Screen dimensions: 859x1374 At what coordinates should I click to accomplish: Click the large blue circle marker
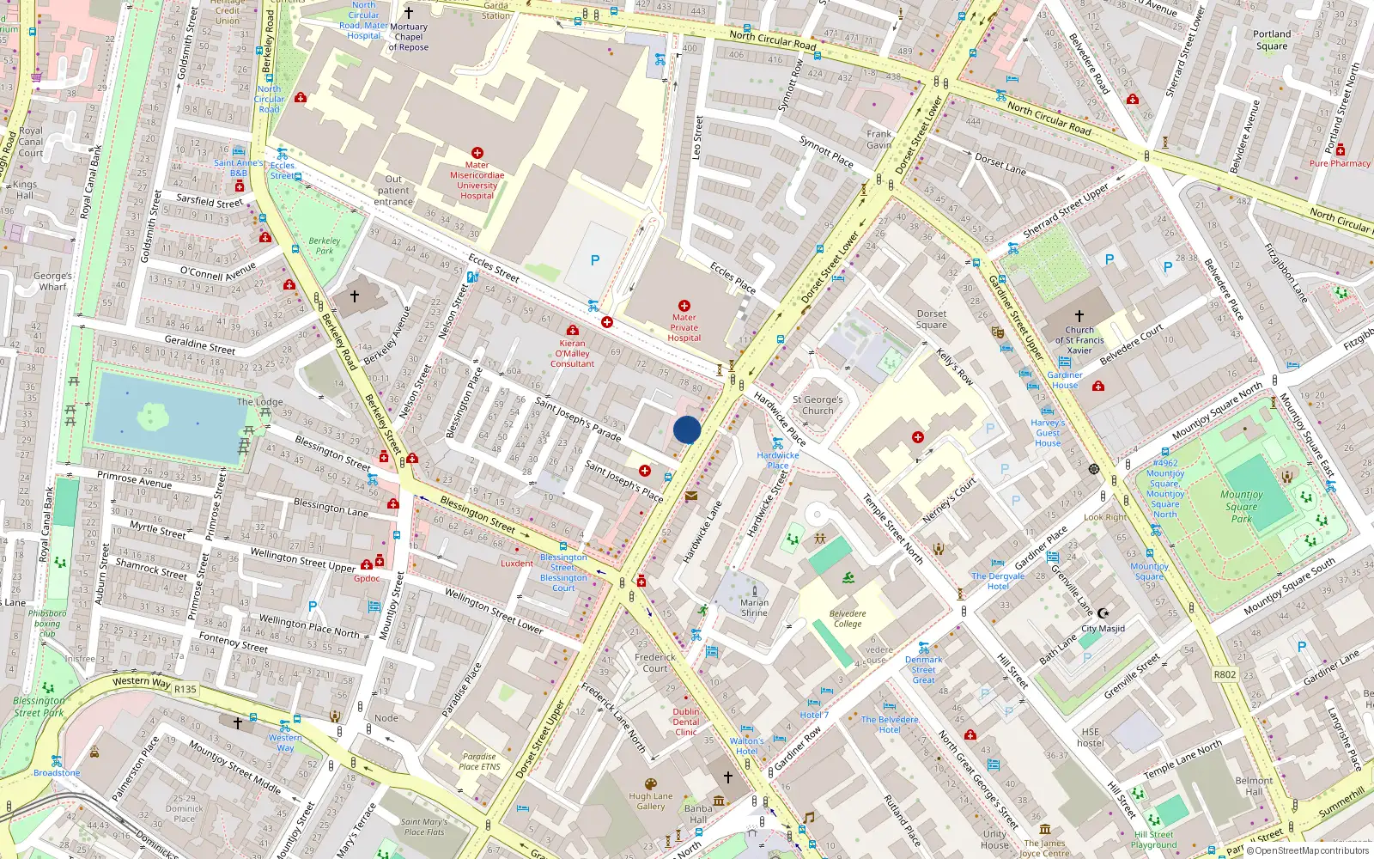[687, 429]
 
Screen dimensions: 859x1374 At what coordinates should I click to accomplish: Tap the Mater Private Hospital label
[684, 327]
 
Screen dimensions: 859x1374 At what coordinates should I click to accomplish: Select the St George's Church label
[818, 405]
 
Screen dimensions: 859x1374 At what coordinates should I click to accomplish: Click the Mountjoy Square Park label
[1242, 506]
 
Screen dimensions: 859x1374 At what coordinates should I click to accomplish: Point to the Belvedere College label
[848, 618]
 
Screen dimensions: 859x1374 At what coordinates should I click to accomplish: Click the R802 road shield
[1225, 674]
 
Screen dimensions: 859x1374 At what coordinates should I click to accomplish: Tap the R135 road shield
[185, 689]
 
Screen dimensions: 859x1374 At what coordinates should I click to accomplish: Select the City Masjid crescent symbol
[1103, 613]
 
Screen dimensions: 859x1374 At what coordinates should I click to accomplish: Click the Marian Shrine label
[754, 607]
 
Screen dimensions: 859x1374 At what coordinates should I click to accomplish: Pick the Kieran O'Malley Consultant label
[572, 353]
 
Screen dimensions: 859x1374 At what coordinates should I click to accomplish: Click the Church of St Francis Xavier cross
[1079, 316]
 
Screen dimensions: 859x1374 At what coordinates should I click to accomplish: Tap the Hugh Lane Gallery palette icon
[650, 784]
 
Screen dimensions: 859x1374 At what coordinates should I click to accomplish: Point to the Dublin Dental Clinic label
[686, 722]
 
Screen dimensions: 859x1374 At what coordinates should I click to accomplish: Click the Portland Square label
[1272, 40]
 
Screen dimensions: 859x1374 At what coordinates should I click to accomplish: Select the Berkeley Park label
[325, 246]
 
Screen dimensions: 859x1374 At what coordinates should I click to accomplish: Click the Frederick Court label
[655, 662]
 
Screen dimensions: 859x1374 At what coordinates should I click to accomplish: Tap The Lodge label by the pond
[259, 401]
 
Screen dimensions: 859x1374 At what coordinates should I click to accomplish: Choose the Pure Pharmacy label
[1340, 163]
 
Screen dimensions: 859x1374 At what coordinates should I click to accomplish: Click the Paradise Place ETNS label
[479, 761]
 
